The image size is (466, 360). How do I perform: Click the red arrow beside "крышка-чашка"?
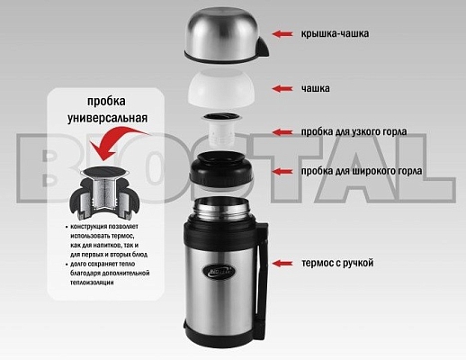point(284,34)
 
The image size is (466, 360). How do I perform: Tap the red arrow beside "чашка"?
point(284,88)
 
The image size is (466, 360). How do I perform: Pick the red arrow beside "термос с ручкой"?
point(284,263)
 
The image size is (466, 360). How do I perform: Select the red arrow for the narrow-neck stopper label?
point(284,131)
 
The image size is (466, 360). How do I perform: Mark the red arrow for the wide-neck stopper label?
point(284,170)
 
